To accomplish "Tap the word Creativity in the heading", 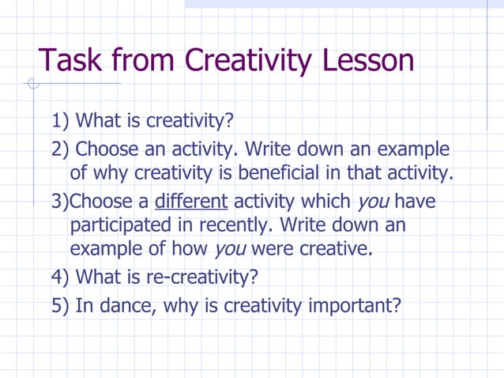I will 242,59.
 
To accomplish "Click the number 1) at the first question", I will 62,123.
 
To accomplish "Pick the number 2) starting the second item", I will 62,149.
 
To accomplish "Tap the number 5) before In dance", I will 62,304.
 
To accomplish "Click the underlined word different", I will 195,201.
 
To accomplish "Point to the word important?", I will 347,304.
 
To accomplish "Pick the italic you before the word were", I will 229,250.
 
